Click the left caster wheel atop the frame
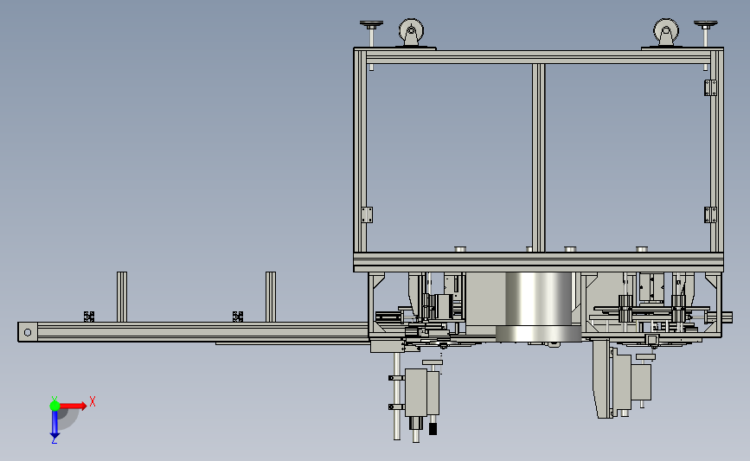(411, 32)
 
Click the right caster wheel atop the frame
(666, 32)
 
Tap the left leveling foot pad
(372, 24)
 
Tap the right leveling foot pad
(706, 24)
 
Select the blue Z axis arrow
(54, 424)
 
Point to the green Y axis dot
(54, 406)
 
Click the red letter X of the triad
(93, 401)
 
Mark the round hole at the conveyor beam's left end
(28, 332)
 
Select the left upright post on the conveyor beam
(122, 297)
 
